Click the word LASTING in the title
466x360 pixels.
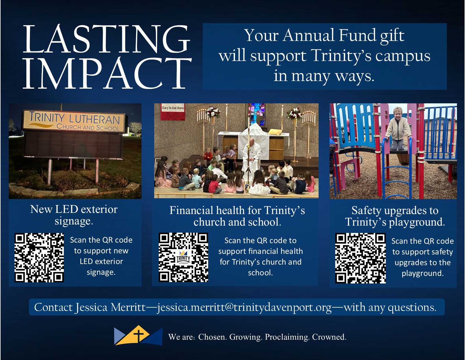106,39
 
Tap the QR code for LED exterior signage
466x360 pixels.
39,258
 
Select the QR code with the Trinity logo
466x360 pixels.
183,257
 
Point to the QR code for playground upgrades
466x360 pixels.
360,258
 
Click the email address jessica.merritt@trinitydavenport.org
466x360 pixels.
245,307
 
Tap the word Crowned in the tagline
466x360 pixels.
329,337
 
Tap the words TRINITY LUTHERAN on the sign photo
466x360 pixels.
74,118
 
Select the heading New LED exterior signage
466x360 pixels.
74,215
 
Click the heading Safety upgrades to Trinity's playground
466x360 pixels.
395,216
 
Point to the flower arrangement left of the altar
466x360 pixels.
213,112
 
